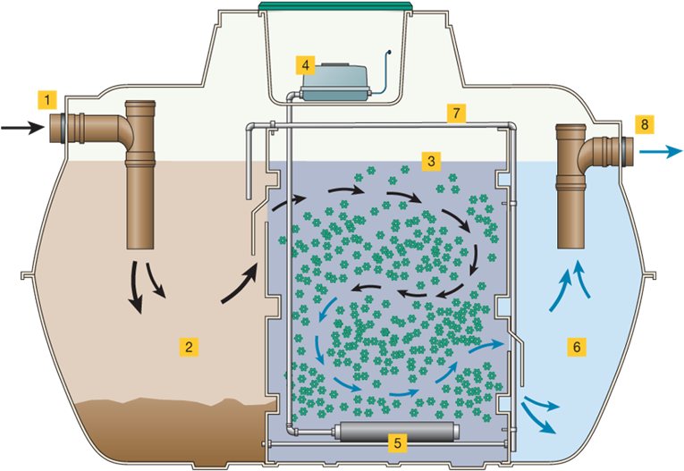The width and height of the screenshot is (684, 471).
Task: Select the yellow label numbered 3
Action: pos(432,162)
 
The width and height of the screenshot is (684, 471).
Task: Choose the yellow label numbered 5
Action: pos(399,441)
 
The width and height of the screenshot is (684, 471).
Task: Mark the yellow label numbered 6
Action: pos(577,346)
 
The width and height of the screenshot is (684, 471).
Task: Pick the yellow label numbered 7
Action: pos(457,113)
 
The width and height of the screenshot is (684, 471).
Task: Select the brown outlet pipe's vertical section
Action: pos(570,206)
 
